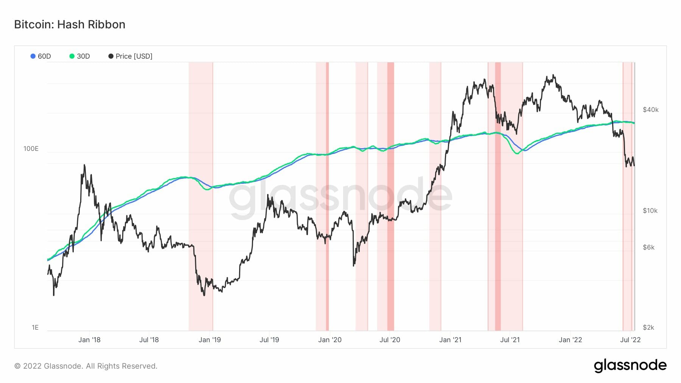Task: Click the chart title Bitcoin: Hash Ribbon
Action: coord(70,25)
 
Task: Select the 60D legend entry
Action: coord(41,56)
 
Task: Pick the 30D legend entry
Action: coord(80,56)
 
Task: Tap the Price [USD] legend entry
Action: coord(131,56)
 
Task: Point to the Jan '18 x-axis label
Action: coord(89,340)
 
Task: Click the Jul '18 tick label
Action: coord(149,340)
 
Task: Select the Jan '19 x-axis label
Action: coord(210,340)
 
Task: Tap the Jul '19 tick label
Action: coord(269,340)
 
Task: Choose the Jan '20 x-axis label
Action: coord(330,340)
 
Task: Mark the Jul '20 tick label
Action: coord(390,340)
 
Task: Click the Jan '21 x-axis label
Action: coord(450,340)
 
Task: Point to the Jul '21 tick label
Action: coord(510,340)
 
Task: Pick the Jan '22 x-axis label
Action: coord(571,340)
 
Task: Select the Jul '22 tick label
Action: coord(630,340)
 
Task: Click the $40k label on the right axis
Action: coord(651,110)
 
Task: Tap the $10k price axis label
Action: coord(650,211)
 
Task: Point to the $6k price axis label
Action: coord(648,247)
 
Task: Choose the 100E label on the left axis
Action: coord(31,149)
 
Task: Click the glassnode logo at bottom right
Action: coord(630,366)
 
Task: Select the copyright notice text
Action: coord(86,366)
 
